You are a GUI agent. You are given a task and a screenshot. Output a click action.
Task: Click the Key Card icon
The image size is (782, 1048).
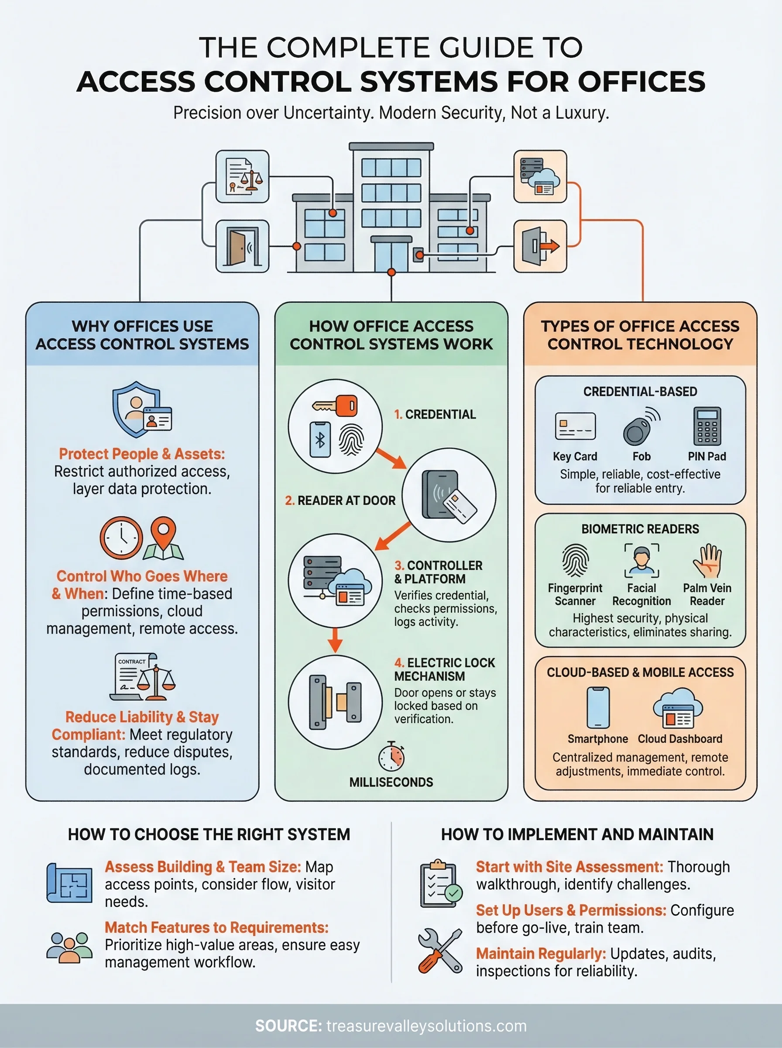[575, 426]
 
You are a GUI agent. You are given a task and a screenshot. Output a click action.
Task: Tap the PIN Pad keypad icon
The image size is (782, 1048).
[707, 426]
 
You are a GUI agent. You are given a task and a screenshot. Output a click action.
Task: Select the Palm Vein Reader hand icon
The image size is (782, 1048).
[707, 561]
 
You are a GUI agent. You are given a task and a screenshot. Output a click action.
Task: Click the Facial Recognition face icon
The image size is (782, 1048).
[641, 561]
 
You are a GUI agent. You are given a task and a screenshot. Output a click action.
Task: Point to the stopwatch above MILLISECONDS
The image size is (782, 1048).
[391, 756]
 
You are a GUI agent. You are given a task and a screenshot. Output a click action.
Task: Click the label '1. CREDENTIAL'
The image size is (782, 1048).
[435, 414]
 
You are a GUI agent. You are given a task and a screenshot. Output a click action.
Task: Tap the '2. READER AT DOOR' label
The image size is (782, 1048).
[340, 500]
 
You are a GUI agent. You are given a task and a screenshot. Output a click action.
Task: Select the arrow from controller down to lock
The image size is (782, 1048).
[335, 640]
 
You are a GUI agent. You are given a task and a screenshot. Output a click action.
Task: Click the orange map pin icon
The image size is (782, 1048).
[163, 538]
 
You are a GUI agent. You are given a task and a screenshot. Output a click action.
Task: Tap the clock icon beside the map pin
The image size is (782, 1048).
[121, 538]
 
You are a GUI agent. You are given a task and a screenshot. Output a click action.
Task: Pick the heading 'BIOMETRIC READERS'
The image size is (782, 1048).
[640, 529]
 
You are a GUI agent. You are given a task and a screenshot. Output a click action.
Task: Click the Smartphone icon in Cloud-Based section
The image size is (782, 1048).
[598, 707]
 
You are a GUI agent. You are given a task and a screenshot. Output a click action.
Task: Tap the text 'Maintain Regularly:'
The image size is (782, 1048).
[541, 954]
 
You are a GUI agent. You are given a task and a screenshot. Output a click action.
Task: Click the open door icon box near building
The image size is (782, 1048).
[242, 246]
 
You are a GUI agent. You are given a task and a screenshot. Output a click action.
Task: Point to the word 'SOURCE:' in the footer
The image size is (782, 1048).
[288, 1026]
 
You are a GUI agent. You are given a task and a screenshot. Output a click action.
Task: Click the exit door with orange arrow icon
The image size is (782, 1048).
[540, 246]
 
